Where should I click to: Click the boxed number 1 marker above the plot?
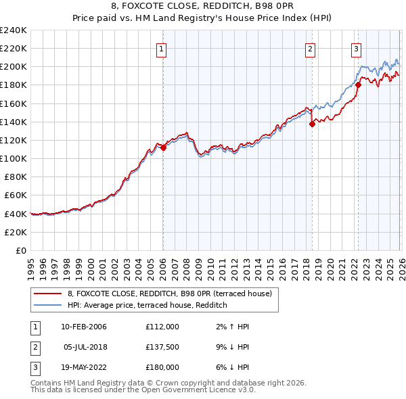(x=162, y=48)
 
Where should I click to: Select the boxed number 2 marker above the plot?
(x=310, y=48)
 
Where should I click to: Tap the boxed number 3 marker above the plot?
(x=356, y=48)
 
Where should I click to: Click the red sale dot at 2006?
(x=163, y=147)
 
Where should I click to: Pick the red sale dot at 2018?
(x=311, y=124)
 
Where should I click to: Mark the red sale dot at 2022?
(x=358, y=85)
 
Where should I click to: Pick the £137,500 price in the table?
(x=162, y=347)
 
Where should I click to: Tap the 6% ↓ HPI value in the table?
(x=230, y=367)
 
